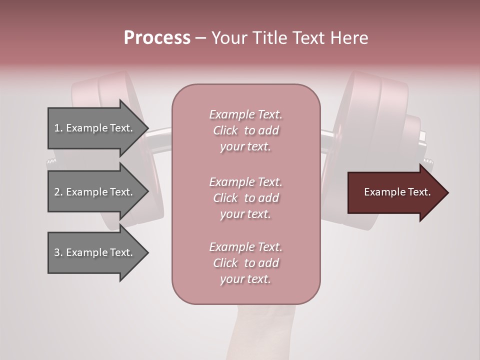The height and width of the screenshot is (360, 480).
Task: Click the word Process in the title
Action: [157, 38]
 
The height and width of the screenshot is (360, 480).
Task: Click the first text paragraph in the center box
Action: [245, 130]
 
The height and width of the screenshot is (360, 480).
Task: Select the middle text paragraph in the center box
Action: [245, 198]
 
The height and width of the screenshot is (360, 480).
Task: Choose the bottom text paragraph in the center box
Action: [245, 263]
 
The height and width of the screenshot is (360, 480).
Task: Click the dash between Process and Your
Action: [200, 38]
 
